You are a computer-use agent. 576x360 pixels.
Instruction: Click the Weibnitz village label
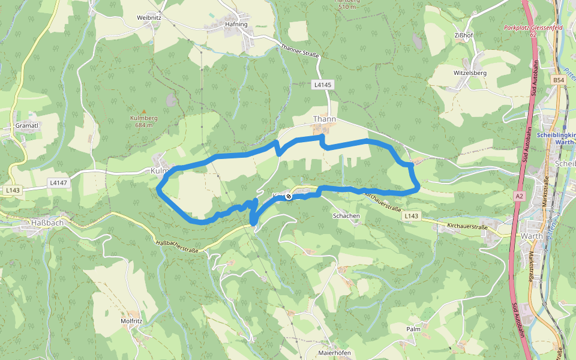coord(149,18)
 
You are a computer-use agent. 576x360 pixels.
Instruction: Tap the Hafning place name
coord(236,25)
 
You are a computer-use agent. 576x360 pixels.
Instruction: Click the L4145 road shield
coord(322,85)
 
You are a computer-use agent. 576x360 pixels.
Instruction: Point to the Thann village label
coord(324,119)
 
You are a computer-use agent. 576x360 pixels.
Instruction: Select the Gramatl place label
coord(27,125)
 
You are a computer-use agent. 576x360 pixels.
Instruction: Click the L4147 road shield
coord(59,182)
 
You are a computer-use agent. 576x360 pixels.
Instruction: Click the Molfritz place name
coord(131,321)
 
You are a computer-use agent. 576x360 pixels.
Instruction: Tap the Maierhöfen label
coord(334,353)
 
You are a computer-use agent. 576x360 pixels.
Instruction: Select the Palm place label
coord(413,329)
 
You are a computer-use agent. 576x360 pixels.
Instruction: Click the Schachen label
coord(346,216)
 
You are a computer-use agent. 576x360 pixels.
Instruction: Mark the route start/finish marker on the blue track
coord(289,196)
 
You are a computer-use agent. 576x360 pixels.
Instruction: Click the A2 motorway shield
coord(519,196)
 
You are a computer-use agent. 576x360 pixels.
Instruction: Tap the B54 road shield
coord(559,80)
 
